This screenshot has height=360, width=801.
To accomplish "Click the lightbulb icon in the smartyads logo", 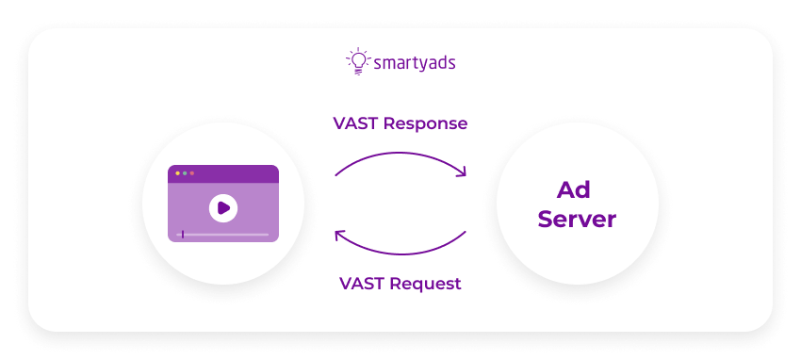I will coord(358,61).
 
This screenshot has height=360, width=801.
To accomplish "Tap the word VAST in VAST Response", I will coord(354,124).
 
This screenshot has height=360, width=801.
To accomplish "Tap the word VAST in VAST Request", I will coord(359,283).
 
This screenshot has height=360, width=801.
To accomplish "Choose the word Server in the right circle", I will coord(577,220).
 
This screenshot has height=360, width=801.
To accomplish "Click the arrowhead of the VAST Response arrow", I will coord(461,172).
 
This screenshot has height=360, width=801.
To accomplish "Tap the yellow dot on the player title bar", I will coord(177,173).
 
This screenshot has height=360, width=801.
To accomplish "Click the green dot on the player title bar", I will coord(185,173).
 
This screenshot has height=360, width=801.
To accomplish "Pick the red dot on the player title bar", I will coord(192,173).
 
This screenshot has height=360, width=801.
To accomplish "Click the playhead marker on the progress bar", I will coord(183,234).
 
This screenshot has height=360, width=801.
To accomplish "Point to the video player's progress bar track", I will coord(226,234).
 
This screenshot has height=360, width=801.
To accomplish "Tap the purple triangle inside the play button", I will coord(224,207).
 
